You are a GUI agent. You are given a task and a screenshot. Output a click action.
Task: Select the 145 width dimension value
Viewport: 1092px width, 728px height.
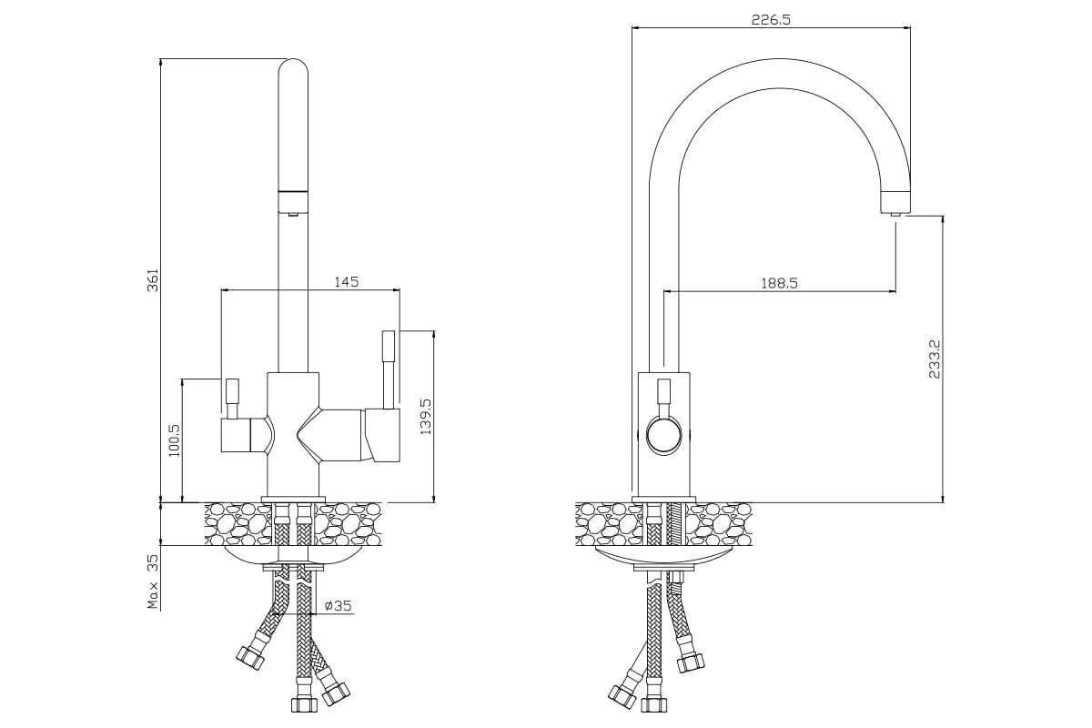coord(346,282)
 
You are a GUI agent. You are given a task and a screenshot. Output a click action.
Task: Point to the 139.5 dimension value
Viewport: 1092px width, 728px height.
coord(424,415)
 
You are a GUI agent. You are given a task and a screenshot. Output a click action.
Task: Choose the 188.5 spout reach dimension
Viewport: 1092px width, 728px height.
coord(779,283)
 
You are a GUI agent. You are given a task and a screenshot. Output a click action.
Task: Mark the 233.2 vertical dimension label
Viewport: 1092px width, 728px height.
coord(934,359)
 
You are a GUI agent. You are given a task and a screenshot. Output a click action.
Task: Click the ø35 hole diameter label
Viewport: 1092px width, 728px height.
coord(338,605)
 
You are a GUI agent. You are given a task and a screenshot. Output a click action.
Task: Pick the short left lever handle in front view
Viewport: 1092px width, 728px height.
coord(231,398)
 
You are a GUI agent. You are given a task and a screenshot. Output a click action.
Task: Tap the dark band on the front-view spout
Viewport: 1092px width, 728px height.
coord(292,193)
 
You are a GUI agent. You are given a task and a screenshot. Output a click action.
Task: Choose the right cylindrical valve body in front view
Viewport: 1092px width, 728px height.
coord(382,434)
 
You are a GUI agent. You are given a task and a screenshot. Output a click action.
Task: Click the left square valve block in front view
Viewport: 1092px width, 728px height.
coord(238,436)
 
